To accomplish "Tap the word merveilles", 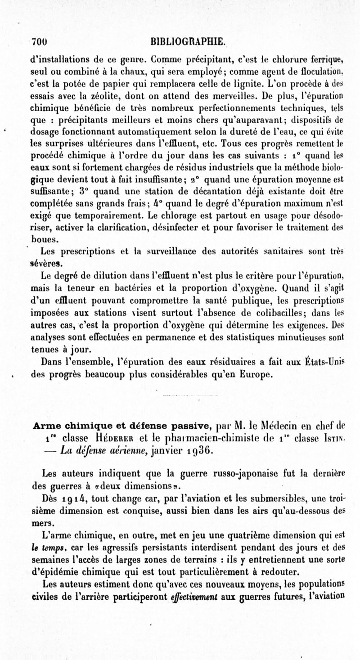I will pyautogui.click(x=230, y=96).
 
